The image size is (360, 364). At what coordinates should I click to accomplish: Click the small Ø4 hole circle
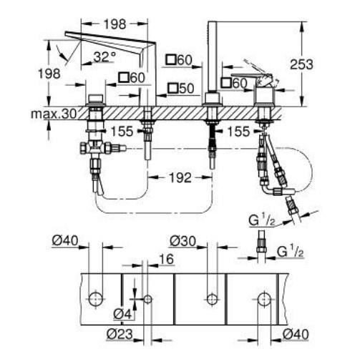[147, 299]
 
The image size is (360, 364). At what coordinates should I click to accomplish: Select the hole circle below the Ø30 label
[211, 299]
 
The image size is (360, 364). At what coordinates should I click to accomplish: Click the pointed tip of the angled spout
[66, 34]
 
